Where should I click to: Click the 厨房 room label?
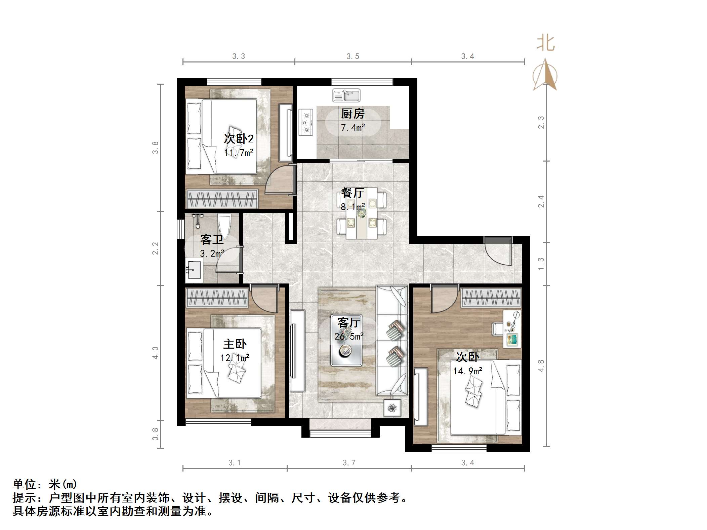[x=352, y=114]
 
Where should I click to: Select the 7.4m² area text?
[x=352, y=128]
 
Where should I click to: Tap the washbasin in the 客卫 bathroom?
[x=193, y=270]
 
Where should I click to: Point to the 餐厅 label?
[x=352, y=193]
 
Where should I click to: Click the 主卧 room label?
[x=235, y=344]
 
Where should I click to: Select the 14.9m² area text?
[x=467, y=371]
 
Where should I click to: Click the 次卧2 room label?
[x=239, y=139]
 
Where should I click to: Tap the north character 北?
[x=545, y=44]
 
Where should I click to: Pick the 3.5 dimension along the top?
[x=353, y=56]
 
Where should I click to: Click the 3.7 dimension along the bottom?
[x=349, y=463]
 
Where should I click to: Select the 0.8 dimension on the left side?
[x=155, y=434]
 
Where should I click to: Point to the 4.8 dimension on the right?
[x=541, y=366]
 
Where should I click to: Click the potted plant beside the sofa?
[x=392, y=408]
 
